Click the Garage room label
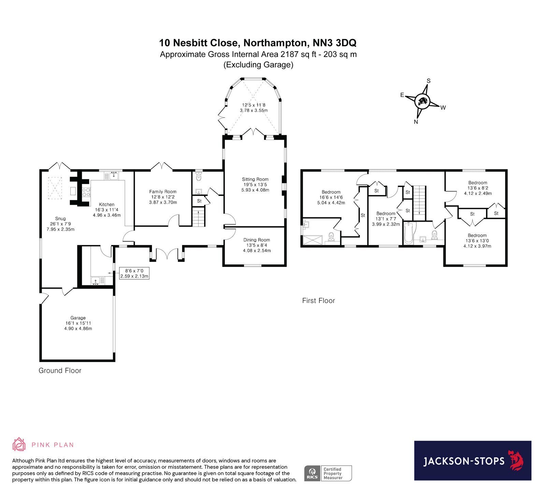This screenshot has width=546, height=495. [78, 318]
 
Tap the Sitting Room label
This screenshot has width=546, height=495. [255, 179]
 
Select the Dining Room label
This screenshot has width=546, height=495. [257, 240]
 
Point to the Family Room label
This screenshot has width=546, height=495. [163, 192]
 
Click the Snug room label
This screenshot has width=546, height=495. [60, 218]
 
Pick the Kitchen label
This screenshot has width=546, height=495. [106, 204]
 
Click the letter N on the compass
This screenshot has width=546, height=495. [416, 122]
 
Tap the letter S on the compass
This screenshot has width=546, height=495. [429, 81]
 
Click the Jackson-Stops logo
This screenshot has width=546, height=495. [473, 461]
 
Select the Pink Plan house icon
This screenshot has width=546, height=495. [19, 444]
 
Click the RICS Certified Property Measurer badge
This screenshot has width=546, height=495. [328, 473]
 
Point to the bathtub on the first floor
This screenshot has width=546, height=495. [408, 233]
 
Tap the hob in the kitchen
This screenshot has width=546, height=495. [86, 193]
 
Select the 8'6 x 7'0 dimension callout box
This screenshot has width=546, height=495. [134, 273]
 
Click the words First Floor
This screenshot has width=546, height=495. [318, 301]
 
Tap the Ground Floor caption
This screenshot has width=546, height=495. [60, 371]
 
